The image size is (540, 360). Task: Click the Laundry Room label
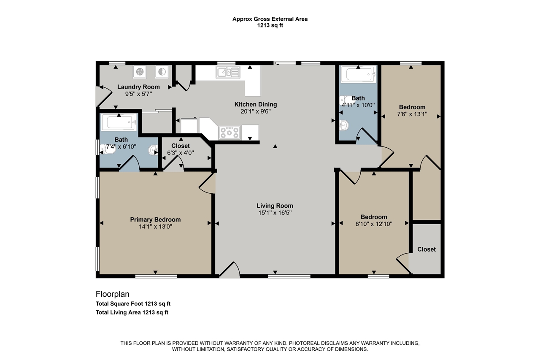coord(138,87)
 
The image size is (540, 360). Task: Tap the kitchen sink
coord(228,72)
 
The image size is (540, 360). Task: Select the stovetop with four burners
coord(229,133)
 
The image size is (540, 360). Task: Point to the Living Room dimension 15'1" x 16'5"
coord(275,213)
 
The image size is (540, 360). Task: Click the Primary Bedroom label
coord(155,219)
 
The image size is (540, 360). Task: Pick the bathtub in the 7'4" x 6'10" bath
coord(119,122)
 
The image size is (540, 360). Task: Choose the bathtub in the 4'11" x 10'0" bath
coord(358,75)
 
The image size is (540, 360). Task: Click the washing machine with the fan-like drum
coord(140,72)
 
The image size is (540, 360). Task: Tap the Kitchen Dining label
coord(256,104)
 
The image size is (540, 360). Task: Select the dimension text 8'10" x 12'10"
coord(374,224)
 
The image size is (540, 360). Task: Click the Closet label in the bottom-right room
coord(427,249)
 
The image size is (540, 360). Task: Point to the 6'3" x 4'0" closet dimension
coord(180,153)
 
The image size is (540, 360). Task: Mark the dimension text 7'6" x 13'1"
coord(412,114)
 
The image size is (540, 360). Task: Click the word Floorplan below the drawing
coord(112,294)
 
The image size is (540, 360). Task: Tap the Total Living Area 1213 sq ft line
coord(132,312)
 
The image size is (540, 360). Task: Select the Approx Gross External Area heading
coord(270,19)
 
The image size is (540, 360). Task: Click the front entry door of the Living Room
coord(229,270)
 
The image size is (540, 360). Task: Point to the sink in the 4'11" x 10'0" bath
coord(344,125)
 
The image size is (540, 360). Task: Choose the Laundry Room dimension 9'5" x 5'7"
coord(138,94)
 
